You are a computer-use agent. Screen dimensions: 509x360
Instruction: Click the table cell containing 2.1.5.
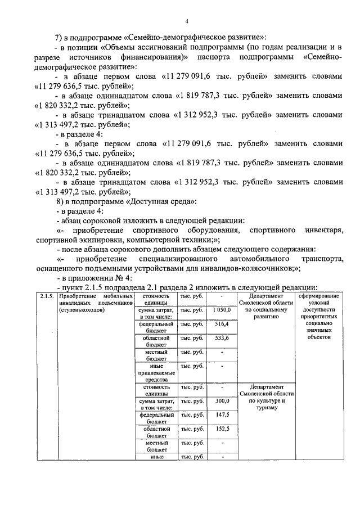tap(46, 296)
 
